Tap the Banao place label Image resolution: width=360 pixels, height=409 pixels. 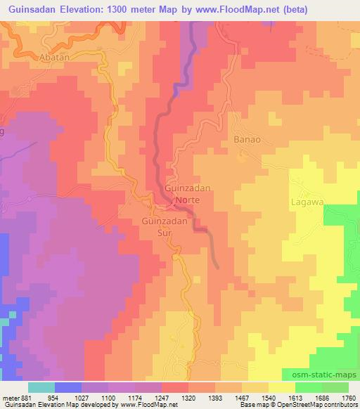[247, 139]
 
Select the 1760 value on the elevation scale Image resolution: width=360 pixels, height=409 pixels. [347, 397]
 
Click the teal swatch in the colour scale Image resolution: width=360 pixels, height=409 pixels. [41, 387]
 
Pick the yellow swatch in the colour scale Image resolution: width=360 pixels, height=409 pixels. [282, 387]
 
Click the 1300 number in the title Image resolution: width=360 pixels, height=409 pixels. [131, 7]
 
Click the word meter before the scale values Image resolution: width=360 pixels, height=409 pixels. [10, 397]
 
